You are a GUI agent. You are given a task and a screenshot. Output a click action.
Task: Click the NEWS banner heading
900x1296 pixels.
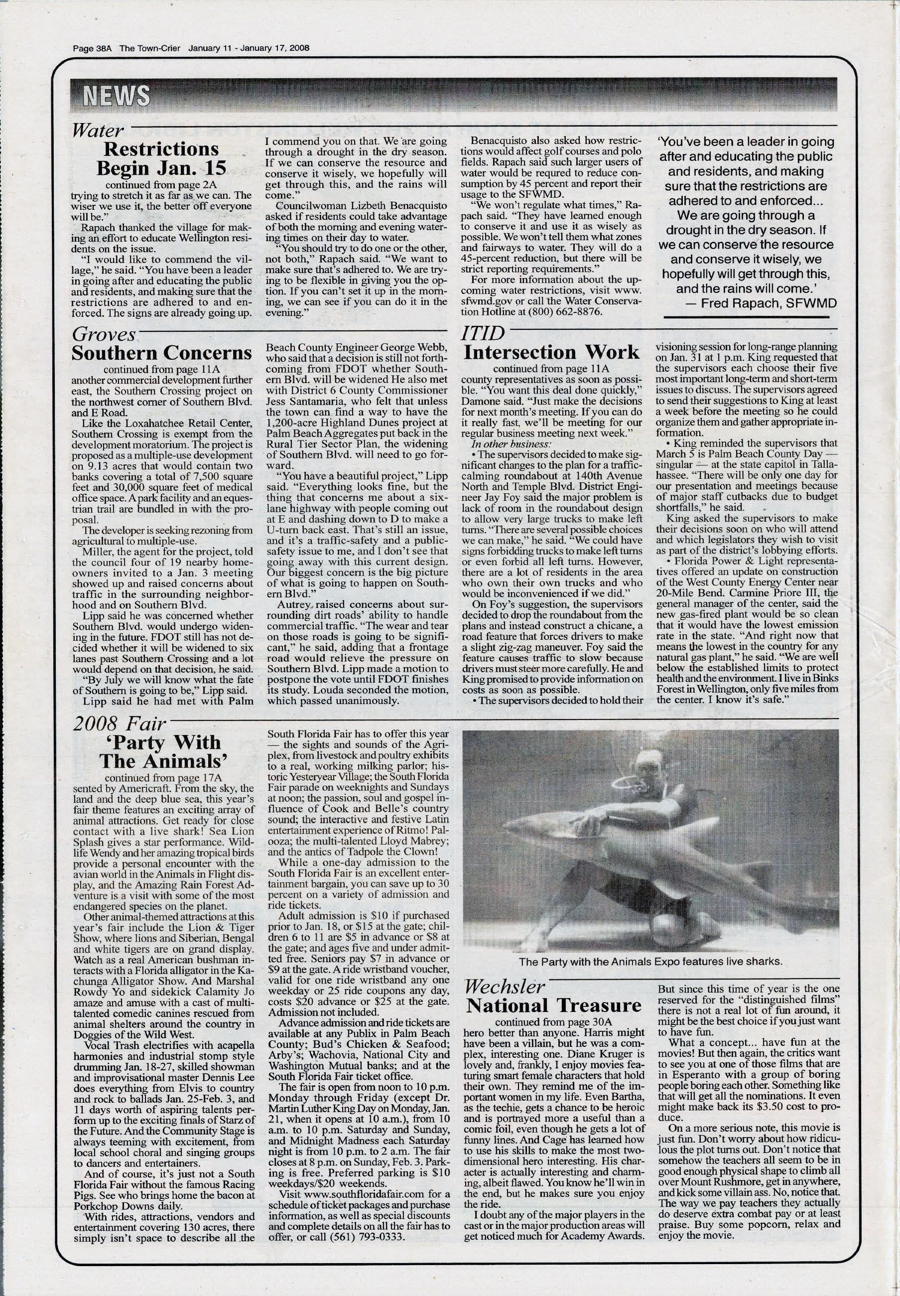[x=117, y=96]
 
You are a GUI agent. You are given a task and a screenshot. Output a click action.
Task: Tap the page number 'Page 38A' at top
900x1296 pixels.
[x=94, y=48]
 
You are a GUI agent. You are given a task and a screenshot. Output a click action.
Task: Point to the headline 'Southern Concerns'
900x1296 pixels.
[x=162, y=354]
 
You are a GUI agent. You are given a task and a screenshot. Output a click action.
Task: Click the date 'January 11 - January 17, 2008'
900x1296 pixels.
[x=249, y=48]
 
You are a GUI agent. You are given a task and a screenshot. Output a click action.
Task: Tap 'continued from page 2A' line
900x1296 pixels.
[x=161, y=184]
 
